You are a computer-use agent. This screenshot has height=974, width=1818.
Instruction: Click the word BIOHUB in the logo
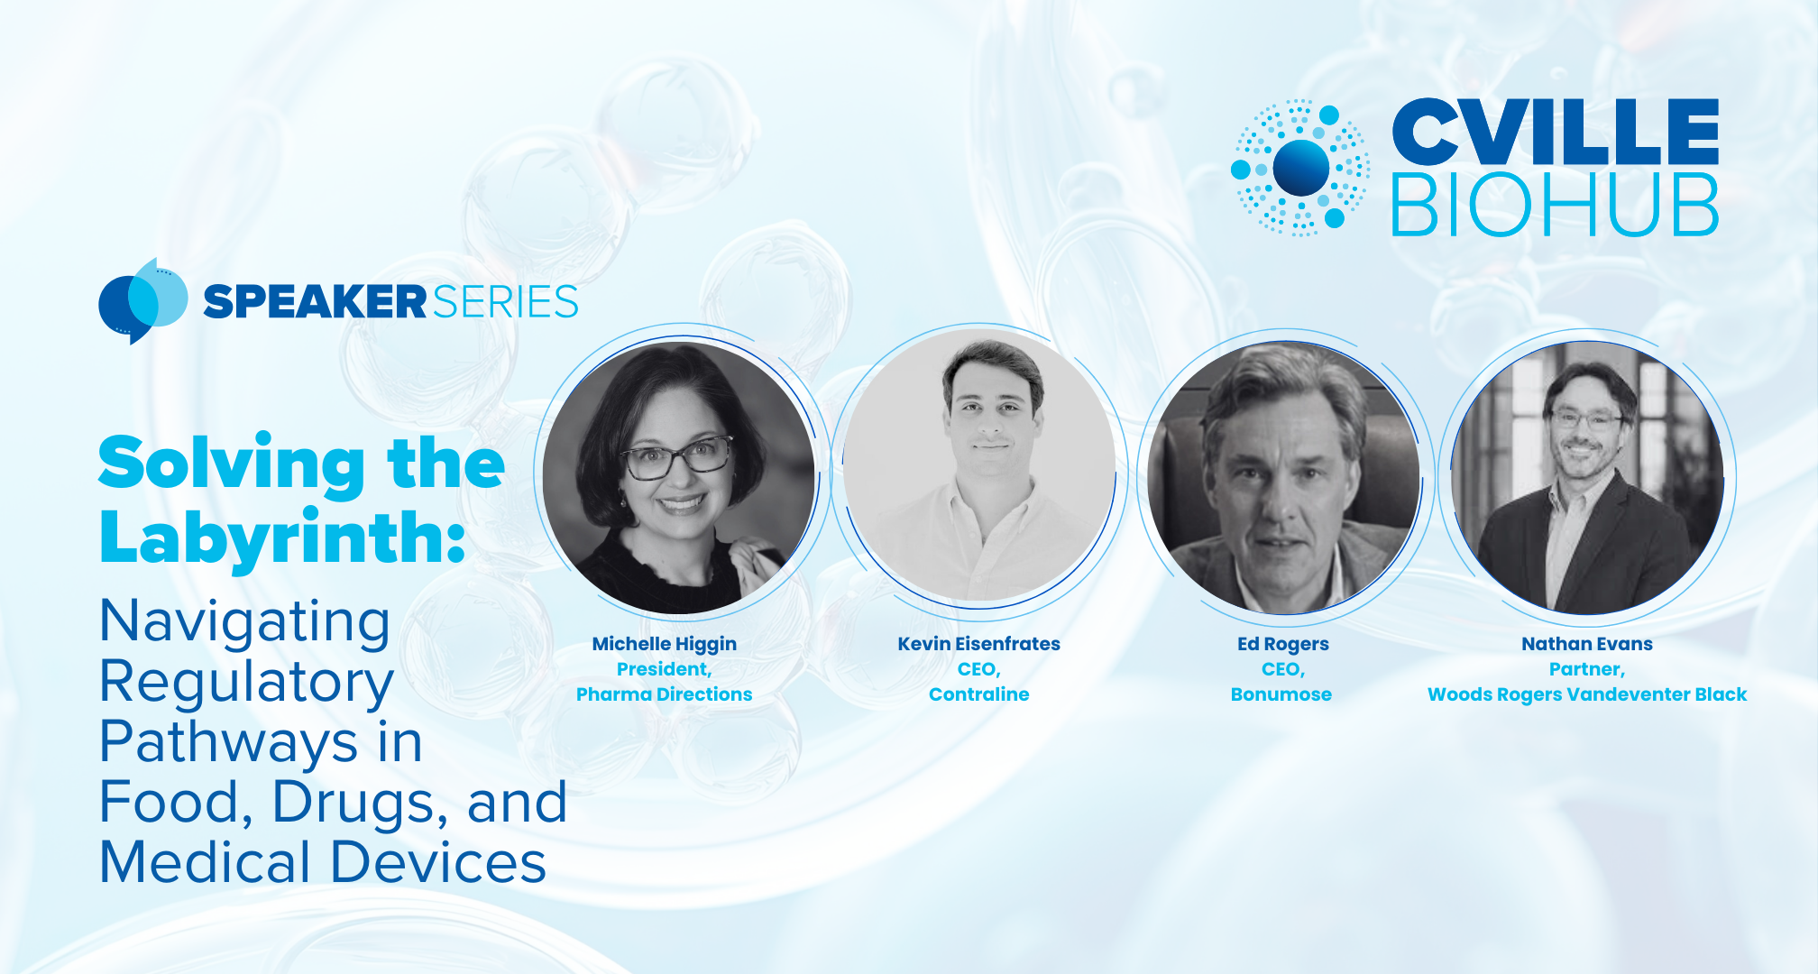coord(1555,206)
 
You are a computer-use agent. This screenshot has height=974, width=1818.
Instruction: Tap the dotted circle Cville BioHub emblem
coord(1300,168)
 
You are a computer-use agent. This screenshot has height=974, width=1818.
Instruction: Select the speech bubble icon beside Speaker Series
coord(142,301)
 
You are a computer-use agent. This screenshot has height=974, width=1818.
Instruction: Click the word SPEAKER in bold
coord(314,302)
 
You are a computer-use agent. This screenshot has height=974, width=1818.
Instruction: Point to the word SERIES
coord(505,302)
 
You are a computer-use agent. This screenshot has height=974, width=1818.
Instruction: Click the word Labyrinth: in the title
coord(282,538)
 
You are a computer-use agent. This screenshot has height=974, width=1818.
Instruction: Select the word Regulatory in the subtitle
coord(246,682)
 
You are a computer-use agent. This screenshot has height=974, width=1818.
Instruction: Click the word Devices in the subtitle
coord(438,862)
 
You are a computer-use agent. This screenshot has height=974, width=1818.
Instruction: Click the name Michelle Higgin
coord(664,644)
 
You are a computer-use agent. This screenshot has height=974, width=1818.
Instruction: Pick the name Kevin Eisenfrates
coord(978,644)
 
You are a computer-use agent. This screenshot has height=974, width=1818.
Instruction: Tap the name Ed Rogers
coord(1282,644)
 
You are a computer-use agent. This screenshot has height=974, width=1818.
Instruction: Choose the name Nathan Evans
coord(1586,644)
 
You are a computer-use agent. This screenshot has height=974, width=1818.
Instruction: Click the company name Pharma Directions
coord(664,694)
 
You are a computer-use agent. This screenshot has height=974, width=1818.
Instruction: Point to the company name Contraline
coord(978,694)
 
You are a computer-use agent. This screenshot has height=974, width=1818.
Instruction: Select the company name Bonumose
coord(1281,694)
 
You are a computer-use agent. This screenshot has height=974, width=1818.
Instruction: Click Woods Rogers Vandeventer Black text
coord(1586,694)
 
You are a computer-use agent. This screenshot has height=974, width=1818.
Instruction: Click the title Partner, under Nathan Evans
coord(1586,669)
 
